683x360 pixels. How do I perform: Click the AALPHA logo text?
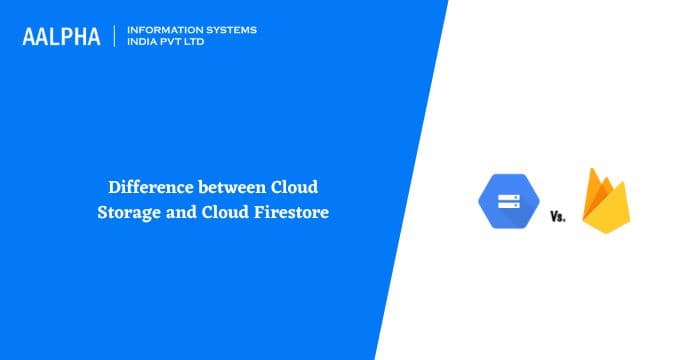coord(62,36)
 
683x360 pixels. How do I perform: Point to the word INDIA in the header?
coord(144,42)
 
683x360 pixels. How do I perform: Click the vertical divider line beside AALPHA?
coord(115,36)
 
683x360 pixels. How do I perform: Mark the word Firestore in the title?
coord(292,211)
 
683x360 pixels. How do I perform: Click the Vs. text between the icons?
coord(557,216)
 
